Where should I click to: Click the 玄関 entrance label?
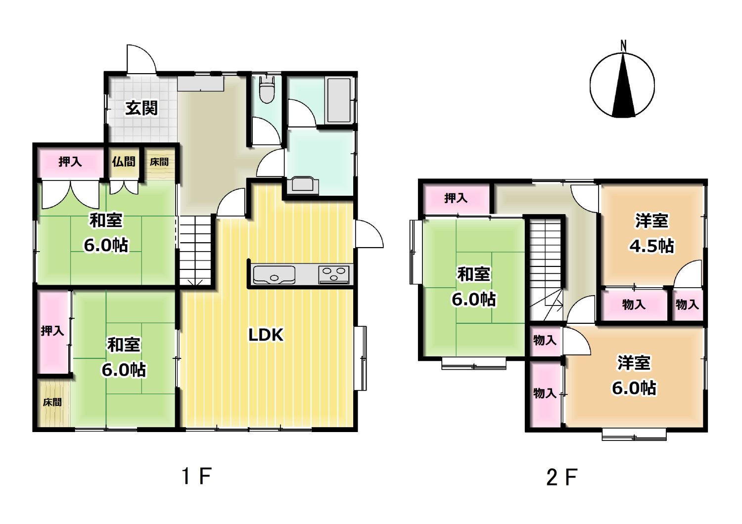coord(141,108)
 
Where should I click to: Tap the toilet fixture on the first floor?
coord(267,89)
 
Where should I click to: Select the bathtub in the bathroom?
coord(339,100)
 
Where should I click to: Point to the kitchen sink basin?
coord(274,275)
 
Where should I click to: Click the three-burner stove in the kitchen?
coord(334,275)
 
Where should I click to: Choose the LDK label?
coord(266,335)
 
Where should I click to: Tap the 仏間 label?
coord(124,162)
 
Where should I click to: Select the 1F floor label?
coord(196,476)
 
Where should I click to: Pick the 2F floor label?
coord(562,477)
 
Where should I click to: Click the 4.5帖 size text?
coord(651,246)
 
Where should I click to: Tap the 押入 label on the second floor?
coord(456,198)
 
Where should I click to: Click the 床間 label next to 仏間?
coord(159,162)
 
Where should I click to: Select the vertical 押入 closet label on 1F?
coord(52,331)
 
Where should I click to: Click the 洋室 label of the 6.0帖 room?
coord(634,363)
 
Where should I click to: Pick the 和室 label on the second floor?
coord(474,274)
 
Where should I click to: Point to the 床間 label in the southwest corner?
coord(52,402)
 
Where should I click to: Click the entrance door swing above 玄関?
coord(141,59)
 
